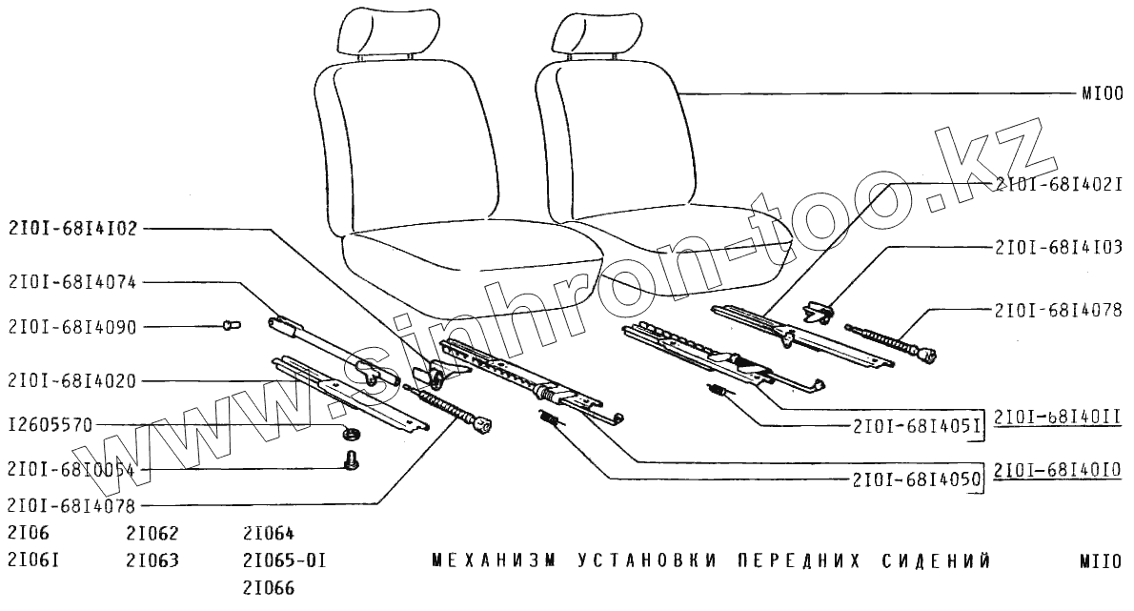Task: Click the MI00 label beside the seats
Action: coord(1103,94)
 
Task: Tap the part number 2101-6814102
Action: coord(73,229)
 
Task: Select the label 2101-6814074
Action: coord(73,282)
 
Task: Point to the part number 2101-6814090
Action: coord(73,327)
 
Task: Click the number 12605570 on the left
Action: coord(50,425)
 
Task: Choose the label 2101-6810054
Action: coord(73,469)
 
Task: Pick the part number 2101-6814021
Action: coord(1059,184)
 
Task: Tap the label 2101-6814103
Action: coord(1059,247)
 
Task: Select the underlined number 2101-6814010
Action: coord(1059,470)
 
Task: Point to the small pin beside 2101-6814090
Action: coord(230,325)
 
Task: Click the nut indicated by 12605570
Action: coord(350,436)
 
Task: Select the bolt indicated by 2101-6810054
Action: coord(350,461)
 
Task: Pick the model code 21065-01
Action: coord(284,560)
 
